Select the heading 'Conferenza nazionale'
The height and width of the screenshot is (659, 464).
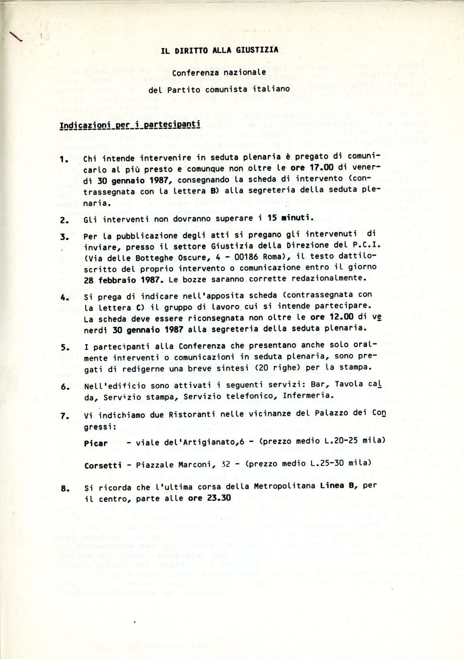pos(219,73)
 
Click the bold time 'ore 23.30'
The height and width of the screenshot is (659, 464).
pos(215,498)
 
